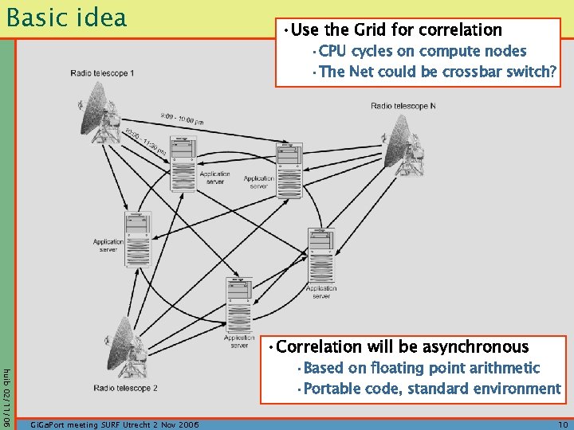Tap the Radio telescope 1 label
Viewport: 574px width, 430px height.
102,73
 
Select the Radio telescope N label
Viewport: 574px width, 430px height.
403,106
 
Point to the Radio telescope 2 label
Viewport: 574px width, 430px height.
125,388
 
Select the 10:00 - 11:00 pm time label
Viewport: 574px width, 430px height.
145,141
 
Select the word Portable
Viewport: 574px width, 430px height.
330,389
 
